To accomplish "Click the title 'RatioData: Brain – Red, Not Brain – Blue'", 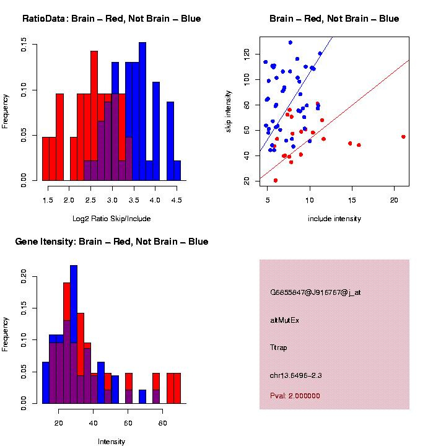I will [x=111, y=19].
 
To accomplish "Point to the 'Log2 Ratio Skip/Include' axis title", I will [x=111, y=219].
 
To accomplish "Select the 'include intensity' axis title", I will [x=334, y=219].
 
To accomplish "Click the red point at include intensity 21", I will [x=403, y=137].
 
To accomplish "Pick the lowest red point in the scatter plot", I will [x=276, y=180].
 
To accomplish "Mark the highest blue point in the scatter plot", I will [x=290, y=43].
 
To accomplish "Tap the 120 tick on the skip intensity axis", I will [x=247, y=55].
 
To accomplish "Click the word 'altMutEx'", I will [x=285, y=320].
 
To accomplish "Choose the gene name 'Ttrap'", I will [x=279, y=348].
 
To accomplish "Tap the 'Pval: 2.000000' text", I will [x=295, y=396].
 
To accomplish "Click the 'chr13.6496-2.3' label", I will [x=295, y=375].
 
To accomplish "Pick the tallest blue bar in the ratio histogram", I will [x=142, y=111].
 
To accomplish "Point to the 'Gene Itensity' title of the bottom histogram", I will [x=111, y=242].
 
